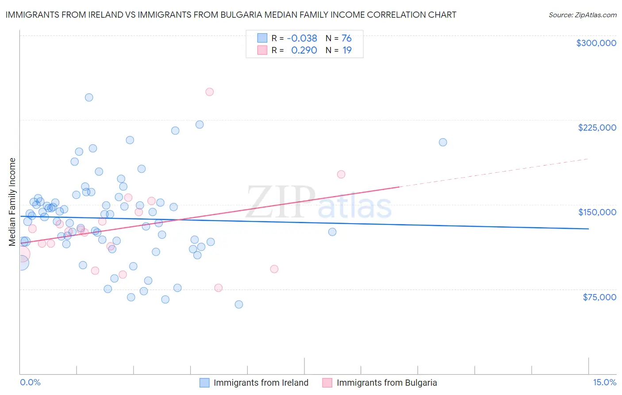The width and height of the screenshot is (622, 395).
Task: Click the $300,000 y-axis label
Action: (x=596, y=43)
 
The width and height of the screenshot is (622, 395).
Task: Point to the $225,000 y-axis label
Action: (x=597, y=128)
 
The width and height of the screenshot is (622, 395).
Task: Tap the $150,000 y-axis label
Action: (x=597, y=212)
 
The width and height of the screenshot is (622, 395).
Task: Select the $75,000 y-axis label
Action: (x=599, y=297)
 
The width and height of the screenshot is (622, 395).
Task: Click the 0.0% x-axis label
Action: (x=30, y=383)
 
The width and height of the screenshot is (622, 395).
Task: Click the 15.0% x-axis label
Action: (x=604, y=383)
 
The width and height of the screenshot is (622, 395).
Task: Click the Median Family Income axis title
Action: (x=12, y=202)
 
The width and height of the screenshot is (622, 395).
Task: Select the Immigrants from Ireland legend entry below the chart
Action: (x=261, y=383)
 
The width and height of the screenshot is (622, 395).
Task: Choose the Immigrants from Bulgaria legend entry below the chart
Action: (x=386, y=383)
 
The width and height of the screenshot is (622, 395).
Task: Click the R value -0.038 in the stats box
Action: (x=302, y=39)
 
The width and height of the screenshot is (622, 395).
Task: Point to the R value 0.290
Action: (x=304, y=50)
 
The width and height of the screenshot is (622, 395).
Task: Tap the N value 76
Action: (x=346, y=39)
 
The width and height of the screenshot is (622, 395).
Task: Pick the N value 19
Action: (x=347, y=50)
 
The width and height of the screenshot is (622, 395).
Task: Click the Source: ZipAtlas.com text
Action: (x=582, y=15)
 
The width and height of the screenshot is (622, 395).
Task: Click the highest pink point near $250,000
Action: (x=210, y=92)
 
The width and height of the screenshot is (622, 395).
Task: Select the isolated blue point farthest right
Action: (x=443, y=142)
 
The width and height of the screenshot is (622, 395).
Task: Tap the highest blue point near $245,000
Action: (x=89, y=97)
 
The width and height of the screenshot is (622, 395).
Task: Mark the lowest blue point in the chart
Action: (x=239, y=304)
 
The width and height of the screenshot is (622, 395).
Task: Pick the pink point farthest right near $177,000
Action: (x=341, y=174)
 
